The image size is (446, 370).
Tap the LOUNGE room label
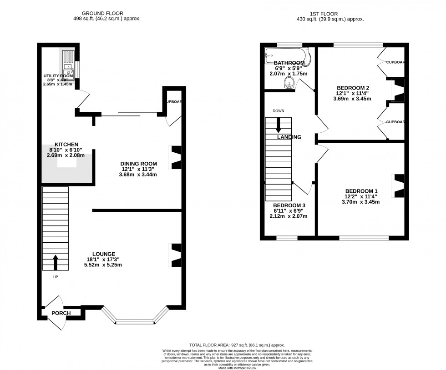point(103,254)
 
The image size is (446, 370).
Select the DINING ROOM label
point(138,164)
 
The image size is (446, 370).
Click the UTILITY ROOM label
point(58,75)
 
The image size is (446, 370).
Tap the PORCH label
point(61,313)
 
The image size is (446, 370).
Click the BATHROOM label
point(289,63)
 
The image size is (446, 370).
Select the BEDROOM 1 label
point(361,191)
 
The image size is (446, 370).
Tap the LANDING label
point(289,137)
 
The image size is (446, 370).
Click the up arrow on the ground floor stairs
point(56,262)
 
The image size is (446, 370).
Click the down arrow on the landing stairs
point(278,125)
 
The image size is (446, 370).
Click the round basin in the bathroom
point(289,82)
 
